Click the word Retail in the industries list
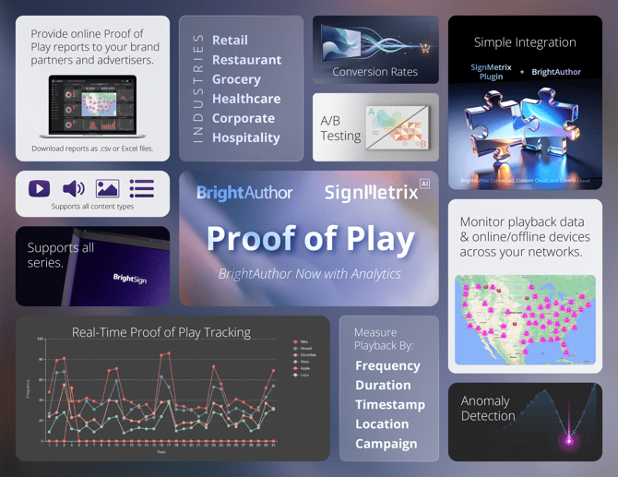230,41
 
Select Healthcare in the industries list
245,99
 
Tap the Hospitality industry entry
245,137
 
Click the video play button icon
39,188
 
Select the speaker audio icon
73,188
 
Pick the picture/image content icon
107,188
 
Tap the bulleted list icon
141,188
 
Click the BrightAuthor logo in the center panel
244,193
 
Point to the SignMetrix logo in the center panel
371,193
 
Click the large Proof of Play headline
310,238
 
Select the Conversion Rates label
374,72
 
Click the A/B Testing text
340,128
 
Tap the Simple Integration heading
525,42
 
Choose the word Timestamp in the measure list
390,404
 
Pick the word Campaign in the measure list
386,443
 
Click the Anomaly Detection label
488,409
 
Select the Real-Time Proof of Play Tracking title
161,332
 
